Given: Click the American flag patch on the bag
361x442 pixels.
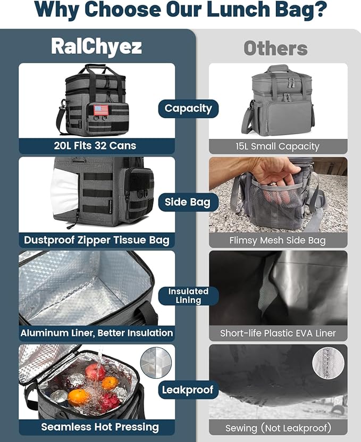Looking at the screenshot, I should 101,110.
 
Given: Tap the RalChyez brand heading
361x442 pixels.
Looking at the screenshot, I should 96,46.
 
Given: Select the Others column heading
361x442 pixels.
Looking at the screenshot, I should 275,48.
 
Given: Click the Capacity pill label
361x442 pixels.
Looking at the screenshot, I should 188,109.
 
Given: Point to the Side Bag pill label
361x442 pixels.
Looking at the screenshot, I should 188,202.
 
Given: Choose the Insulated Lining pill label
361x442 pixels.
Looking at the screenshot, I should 188,296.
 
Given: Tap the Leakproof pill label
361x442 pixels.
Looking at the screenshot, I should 188,390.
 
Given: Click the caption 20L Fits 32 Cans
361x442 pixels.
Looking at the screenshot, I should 97,146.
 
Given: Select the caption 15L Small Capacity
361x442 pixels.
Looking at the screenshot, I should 278,146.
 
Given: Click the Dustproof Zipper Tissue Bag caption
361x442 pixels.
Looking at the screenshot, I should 97,240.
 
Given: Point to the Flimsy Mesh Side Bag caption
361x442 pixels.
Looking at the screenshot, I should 278,240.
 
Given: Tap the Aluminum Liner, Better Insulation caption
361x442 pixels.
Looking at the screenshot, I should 97,333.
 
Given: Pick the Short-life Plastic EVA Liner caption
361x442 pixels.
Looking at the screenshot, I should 278,333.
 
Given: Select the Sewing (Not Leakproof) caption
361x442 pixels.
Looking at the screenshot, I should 278,427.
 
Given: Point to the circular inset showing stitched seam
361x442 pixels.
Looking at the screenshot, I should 328,363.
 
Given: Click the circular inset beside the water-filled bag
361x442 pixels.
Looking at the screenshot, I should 156,363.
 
